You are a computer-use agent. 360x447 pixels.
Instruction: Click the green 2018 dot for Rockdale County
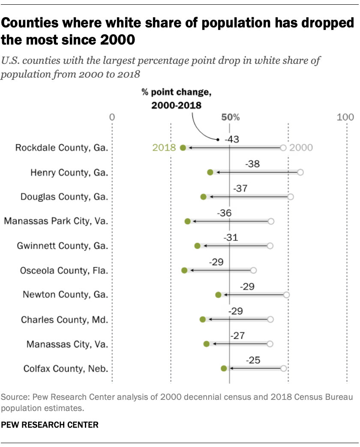[x=183, y=148]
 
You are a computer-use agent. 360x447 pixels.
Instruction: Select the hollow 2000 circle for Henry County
[x=300, y=172]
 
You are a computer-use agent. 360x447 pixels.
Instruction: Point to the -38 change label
[x=253, y=164]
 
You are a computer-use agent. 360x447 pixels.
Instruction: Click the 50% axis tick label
[x=230, y=117]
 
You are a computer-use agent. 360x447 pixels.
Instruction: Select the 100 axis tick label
[x=345, y=117]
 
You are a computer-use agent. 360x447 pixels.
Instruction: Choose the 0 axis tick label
[x=112, y=117]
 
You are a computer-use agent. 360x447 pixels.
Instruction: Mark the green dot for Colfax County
[x=224, y=369]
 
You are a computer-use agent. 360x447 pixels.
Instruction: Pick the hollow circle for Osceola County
[x=253, y=270]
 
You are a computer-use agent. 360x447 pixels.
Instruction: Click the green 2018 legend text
[x=164, y=148]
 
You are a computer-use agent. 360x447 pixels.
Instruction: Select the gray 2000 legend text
[x=301, y=148]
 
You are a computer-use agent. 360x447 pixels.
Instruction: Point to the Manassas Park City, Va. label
[x=56, y=222]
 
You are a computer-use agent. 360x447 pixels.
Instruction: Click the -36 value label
[x=225, y=213]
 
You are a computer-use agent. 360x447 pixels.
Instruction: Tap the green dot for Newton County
[x=218, y=295]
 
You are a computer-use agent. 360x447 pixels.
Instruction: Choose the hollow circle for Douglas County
[x=291, y=197]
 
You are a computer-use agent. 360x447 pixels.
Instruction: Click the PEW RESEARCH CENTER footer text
[x=50, y=425]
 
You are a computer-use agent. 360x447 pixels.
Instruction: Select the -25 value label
[x=253, y=360]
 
